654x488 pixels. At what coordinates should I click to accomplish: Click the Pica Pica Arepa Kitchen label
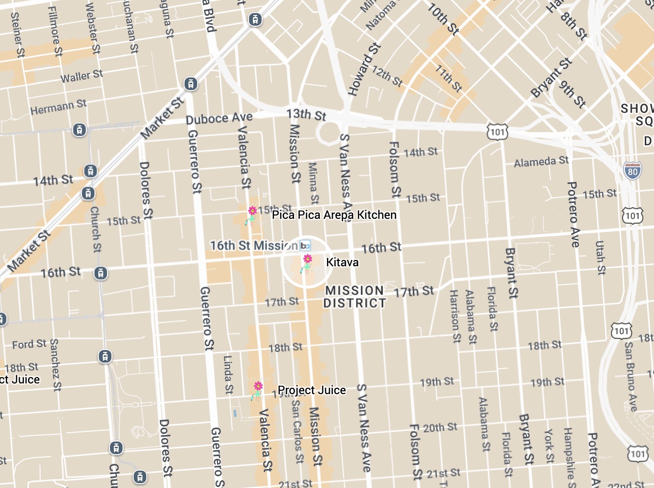click(334, 215)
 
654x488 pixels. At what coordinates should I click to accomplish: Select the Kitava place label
click(343, 262)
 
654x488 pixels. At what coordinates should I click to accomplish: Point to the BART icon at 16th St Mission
click(305, 246)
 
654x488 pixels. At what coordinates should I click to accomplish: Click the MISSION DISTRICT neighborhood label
click(355, 297)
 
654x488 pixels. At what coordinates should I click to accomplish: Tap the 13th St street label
click(306, 115)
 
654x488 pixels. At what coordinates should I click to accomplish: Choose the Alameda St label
click(541, 161)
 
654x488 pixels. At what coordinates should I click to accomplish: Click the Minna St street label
click(313, 183)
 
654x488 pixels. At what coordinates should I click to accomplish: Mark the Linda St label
click(228, 375)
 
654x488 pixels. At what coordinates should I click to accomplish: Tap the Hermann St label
click(58, 107)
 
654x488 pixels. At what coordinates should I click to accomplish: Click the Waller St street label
click(81, 76)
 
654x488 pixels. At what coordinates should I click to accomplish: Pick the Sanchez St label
click(56, 365)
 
